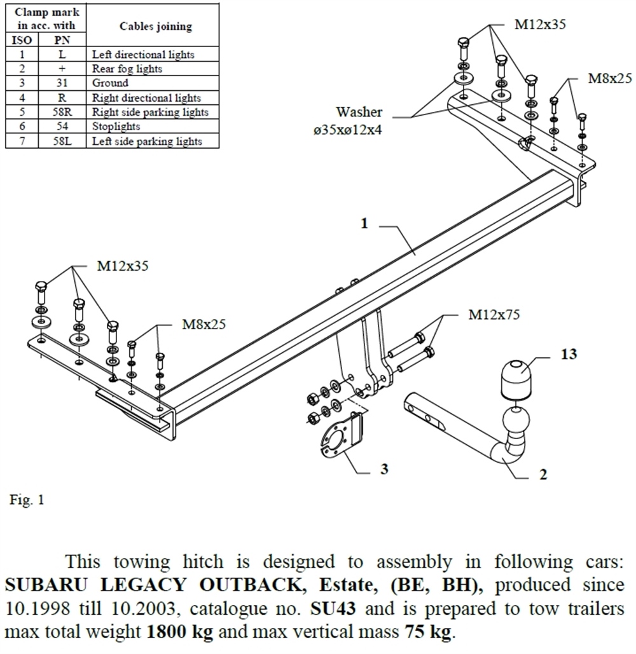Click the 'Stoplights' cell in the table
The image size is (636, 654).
(x=116, y=126)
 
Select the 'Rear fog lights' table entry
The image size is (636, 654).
(x=127, y=69)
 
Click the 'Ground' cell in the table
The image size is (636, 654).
(x=110, y=83)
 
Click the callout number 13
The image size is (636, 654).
(x=569, y=354)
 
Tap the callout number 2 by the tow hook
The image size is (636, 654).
(x=542, y=474)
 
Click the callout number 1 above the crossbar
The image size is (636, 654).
(x=364, y=224)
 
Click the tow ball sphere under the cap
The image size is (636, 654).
(x=516, y=421)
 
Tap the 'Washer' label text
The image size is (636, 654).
(x=359, y=112)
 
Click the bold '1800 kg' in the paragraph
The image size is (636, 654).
(x=179, y=633)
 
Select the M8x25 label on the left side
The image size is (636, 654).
(x=205, y=325)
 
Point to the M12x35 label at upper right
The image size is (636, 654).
(x=540, y=25)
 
